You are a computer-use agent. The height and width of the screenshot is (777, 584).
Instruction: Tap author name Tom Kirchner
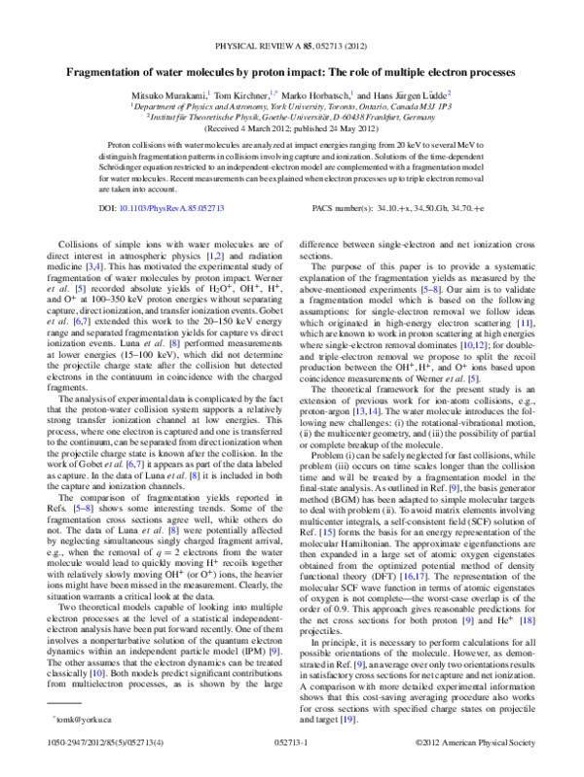(x=242, y=96)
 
